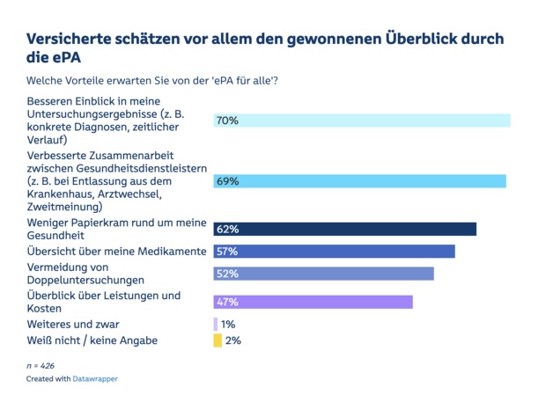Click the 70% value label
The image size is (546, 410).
pos(227,121)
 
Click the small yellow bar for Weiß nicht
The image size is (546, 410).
pos(218,340)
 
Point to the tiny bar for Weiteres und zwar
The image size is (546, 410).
pos(215,324)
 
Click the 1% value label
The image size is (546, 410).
pos(228,324)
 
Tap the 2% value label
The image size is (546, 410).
pos(232,340)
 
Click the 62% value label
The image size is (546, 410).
pos(227,229)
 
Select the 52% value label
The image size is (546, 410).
pos(227,274)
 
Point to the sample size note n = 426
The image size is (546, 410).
pos(41,362)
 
